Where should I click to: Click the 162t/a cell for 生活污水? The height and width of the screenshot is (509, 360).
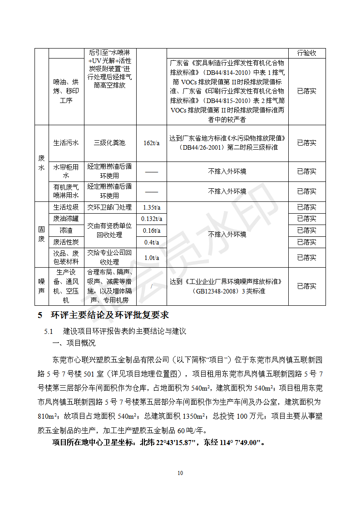pos(151,143)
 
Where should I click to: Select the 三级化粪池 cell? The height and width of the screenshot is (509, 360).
pos(109,143)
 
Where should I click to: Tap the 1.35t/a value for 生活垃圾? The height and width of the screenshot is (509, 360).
pos(151,207)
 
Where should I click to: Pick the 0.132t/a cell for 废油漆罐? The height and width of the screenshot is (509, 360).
pos(151,219)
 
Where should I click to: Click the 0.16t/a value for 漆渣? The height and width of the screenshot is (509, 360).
pos(151,230)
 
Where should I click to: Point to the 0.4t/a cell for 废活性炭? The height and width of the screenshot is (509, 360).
pos(151,242)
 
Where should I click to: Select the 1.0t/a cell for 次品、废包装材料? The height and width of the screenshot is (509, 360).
pos(151,258)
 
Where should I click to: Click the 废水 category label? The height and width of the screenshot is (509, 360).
pos(42,163)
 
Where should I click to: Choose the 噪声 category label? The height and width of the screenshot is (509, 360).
pos(42,286)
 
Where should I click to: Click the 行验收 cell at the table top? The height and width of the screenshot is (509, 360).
pos(306,53)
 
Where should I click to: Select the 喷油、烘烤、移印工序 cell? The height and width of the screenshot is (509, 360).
pos(66,91)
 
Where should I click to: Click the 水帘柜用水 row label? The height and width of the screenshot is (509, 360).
pos(66,171)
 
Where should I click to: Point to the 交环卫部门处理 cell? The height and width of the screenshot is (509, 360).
pos(109,207)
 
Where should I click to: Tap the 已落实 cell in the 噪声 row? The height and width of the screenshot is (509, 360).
pos(306,286)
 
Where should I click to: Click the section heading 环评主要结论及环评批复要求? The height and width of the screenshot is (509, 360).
pos(109,315)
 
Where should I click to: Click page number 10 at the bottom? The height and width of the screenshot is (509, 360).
pos(180,473)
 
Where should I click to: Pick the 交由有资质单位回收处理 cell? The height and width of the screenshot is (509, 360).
pos(109,230)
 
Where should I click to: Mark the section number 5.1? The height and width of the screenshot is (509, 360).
pos(49,332)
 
